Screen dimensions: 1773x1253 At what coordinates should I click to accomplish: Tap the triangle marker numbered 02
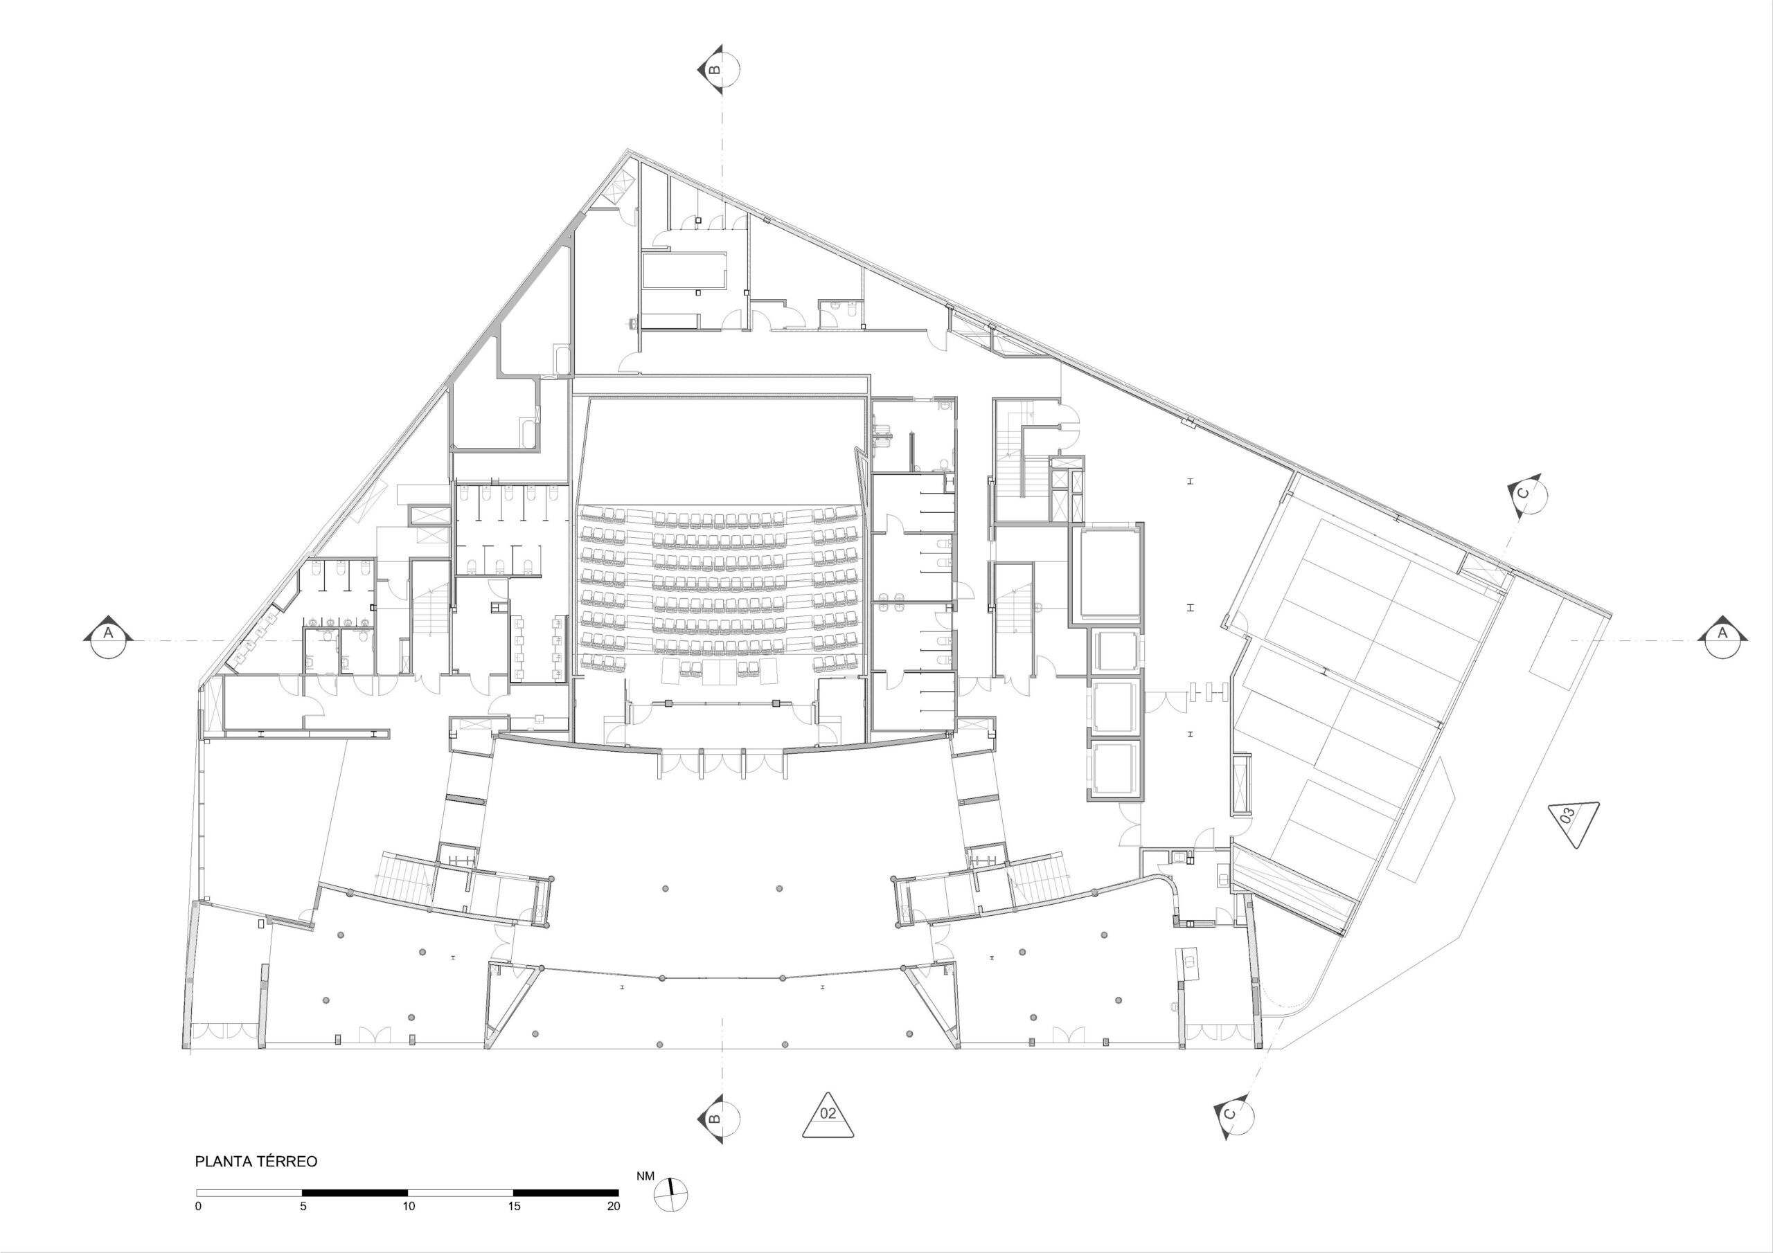point(828,1115)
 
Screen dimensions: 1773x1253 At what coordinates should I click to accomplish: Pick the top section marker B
point(718,69)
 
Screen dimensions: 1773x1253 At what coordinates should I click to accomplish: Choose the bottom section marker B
point(718,1119)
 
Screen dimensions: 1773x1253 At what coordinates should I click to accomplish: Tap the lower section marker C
point(1233,1114)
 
